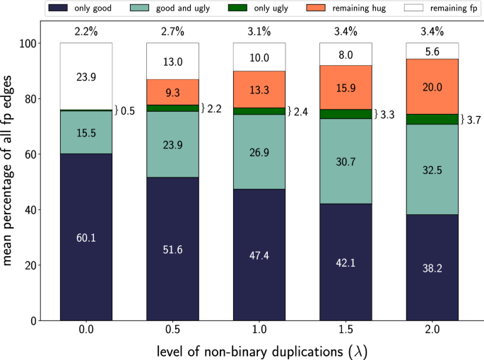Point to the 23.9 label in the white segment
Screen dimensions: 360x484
pos(87,76)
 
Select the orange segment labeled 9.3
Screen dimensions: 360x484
pos(173,92)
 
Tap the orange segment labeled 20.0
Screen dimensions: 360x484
pos(432,86)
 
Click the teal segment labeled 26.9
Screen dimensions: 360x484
pos(259,152)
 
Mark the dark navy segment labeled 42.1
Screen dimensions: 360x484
pos(346,262)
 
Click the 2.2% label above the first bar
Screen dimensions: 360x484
pos(87,32)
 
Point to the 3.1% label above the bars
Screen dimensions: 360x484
pos(259,32)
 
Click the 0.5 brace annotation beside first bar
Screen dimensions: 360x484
pos(124,110)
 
